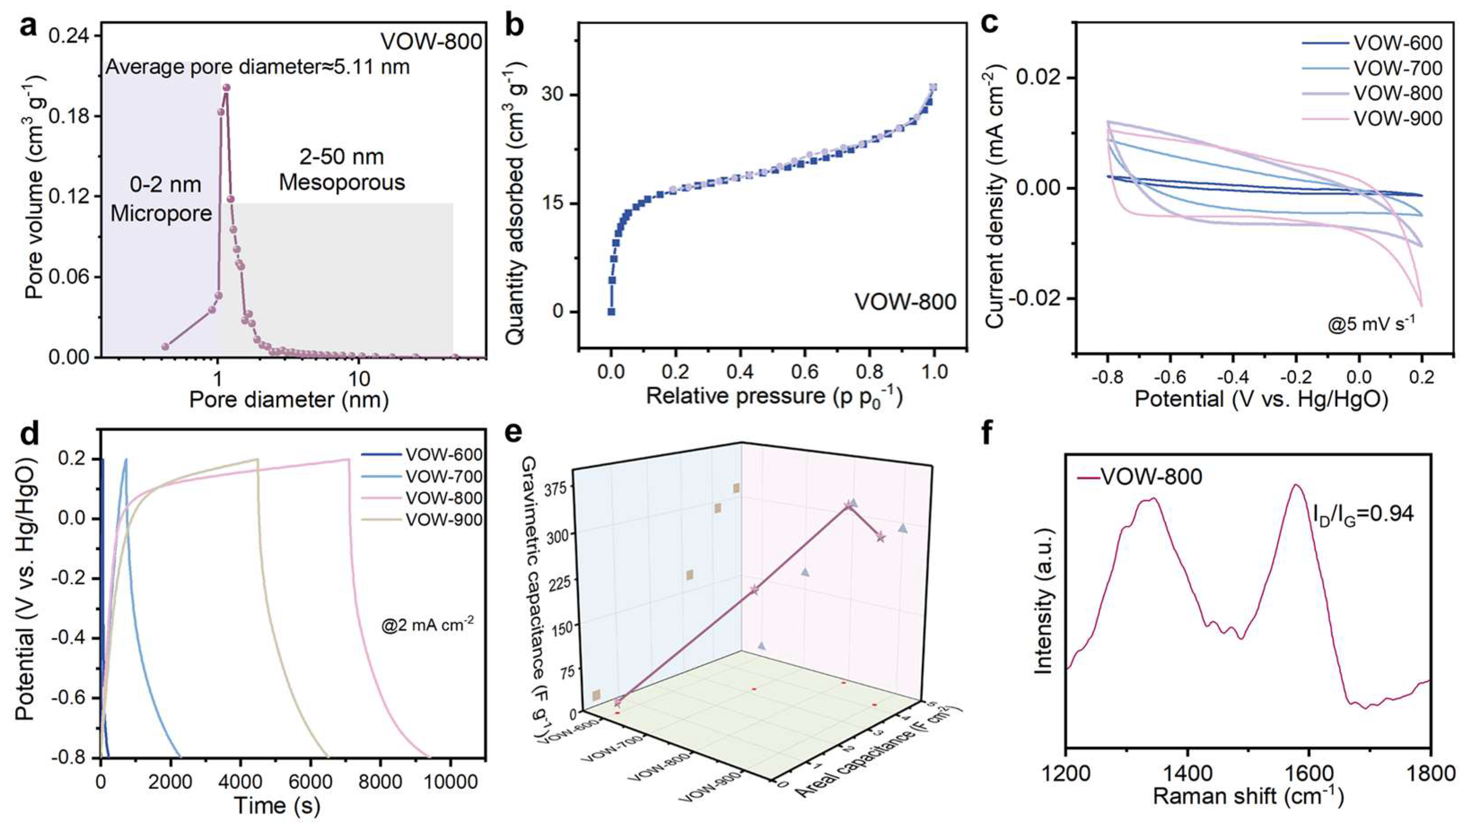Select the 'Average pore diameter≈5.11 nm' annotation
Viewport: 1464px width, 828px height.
coord(258,68)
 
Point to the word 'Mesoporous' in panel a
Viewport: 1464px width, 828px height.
coord(342,182)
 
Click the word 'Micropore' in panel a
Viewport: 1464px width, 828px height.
coord(161,213)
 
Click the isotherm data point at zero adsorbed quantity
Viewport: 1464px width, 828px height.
coord(611,312)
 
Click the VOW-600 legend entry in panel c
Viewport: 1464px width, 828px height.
coord(1390,43)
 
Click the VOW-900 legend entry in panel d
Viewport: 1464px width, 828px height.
coord(444,520)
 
